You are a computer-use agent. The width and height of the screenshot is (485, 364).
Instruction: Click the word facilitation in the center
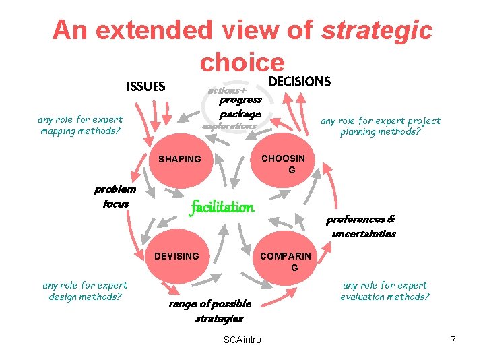click(x=222, y=207)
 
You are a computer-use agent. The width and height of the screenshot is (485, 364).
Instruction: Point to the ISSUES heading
click(x=145, y=86)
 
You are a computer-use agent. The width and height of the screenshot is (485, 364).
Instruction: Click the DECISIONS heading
click(x=300, y=82)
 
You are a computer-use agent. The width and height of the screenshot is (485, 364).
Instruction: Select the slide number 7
click(x=453, y=340)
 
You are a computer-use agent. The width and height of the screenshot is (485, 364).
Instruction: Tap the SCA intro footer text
click(x=242, y=340)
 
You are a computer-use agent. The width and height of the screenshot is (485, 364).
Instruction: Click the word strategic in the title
click(x=377, y=30)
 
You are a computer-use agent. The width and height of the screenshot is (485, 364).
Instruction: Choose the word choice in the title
click(x=242, y=63)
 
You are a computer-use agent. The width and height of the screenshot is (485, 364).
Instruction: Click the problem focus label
click(x=115, y=196)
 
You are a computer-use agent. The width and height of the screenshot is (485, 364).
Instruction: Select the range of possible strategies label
click(x=210, y=311)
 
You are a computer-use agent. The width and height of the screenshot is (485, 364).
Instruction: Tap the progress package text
click(x=240, y=107)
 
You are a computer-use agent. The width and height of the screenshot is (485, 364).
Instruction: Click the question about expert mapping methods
click(x=80, y=125)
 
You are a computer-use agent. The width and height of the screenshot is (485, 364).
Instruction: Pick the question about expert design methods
click(x=84, y=291)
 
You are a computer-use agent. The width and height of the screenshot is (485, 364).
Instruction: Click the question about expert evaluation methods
click(x=385, y=291)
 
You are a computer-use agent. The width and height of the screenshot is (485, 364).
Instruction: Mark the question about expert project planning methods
click(x=381, y=126)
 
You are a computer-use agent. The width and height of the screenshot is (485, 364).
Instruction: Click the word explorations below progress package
click(x=230, y=126)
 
